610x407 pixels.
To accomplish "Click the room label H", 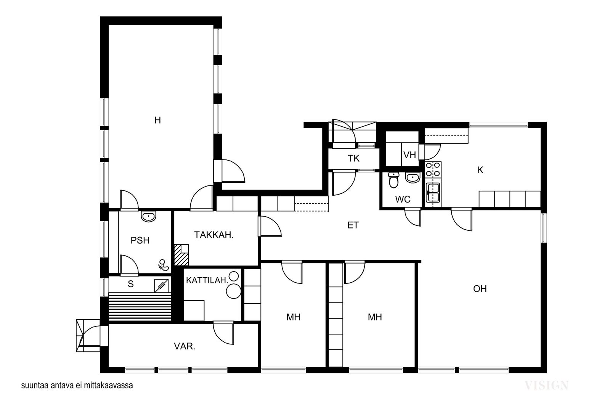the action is click(157, 120).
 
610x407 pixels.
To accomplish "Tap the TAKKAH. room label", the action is click(214, 235).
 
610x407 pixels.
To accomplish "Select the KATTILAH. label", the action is click(207, 280).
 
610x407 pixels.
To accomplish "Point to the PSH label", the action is click(140, 240).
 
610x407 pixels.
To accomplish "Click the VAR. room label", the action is click(185, 346).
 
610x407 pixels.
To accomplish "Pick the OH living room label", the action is click(480, 289).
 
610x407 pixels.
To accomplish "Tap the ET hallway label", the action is click(353, 225).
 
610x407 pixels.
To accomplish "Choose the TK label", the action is click(353, 158).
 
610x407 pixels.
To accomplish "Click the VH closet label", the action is click(409, 155).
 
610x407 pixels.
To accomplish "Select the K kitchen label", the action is click(480, 170).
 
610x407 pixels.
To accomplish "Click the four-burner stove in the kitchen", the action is click(433, 170).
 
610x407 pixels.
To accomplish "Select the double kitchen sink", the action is click(433, 193).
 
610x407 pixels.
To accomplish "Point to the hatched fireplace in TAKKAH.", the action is click(181, 255).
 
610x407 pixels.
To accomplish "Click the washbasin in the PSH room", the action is click(148, 216).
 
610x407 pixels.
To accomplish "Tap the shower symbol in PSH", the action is click(164, 265).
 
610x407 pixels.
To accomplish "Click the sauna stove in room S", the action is click(161, 286).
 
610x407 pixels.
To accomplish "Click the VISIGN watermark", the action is click(546, 386).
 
